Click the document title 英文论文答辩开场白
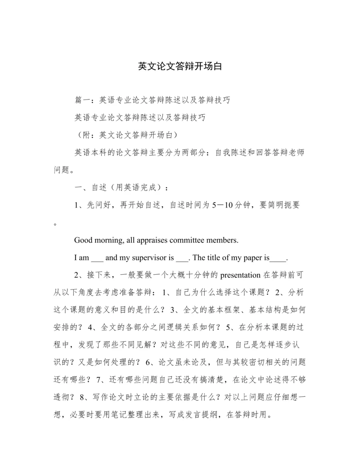pyautogui.click(x=180, y=67)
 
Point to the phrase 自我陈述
pyautogui.click(x=231, y=152)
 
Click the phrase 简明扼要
pyautogui.click(x=284, y=205)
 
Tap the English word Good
pyautogui.click(x=84, y=240)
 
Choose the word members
pyautogui.click(x=234, y=240)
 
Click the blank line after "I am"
pyautogui.click(x=97, y=259)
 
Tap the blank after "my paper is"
pyautogui.click(x=279, y=259)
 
